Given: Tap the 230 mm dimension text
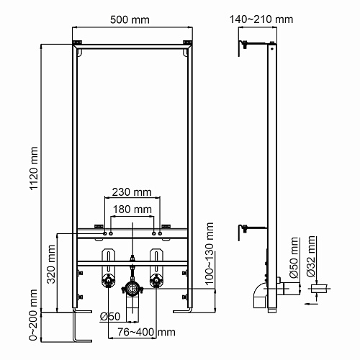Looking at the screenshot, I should [132, 192].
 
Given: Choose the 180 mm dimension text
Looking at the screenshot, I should [132, 209].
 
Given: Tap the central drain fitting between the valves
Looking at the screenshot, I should [132, 288].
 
